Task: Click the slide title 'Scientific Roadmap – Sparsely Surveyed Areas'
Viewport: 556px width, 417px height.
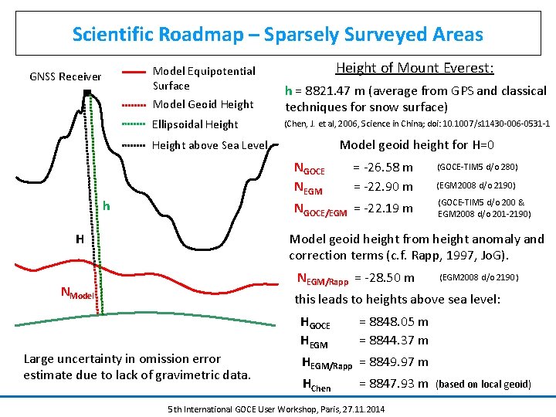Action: coord(277,35)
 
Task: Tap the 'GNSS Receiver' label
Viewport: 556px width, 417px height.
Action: coord(65,76)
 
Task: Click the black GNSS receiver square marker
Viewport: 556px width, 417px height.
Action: coord(87,94)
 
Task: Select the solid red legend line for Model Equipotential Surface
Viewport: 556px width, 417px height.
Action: coord(134,71)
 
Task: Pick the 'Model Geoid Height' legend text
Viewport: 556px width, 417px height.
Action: coord(203,104)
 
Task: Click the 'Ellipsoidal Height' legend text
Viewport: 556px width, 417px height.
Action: coord(195,124)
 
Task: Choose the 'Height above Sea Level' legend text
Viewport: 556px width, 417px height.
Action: coord(210,145)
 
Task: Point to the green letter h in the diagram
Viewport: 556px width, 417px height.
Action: coord(107,206)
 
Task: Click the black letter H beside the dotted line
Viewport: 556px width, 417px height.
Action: coord(80,239)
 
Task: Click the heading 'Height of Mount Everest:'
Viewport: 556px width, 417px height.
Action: coord(415,68)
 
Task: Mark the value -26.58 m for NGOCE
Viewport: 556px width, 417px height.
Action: coord(383,168)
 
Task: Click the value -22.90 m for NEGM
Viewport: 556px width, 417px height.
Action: coord(383,187)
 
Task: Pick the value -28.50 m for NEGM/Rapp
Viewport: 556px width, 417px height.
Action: coord(384,278)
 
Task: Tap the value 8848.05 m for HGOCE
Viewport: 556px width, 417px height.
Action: coord(394,322)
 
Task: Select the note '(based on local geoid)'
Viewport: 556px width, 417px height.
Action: coord(483,384)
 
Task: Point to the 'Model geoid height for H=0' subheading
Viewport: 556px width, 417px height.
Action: coord(417,145)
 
